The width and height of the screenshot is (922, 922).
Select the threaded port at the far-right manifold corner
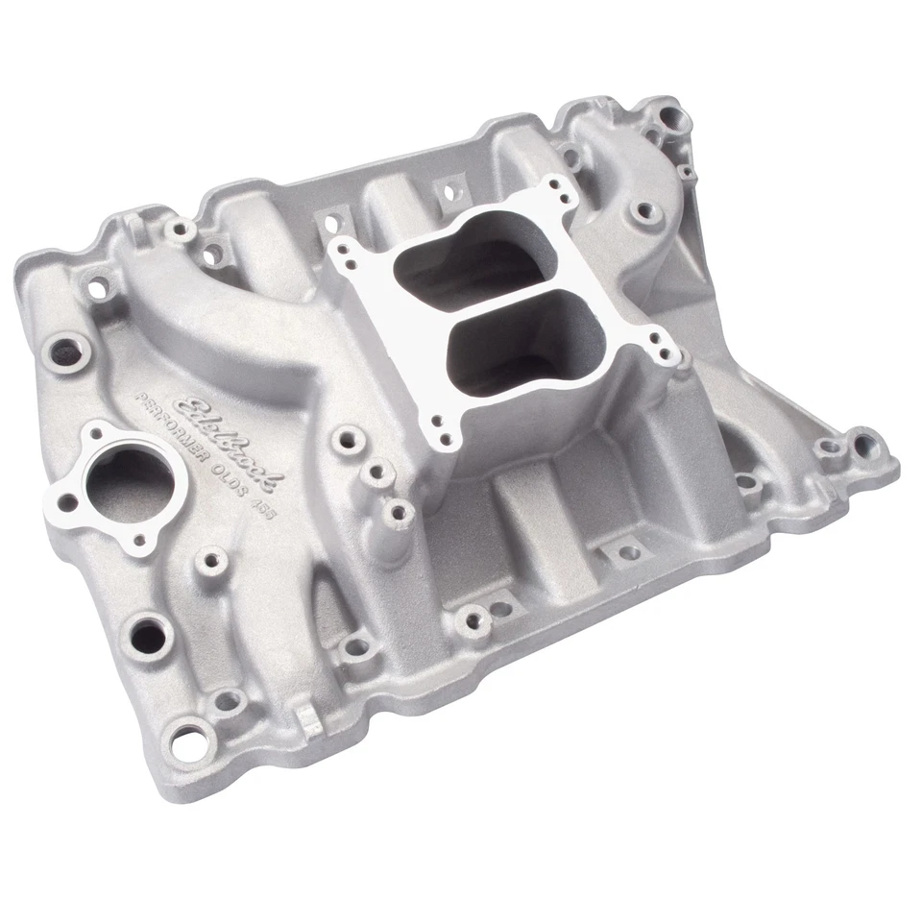[x=864, y=445]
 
